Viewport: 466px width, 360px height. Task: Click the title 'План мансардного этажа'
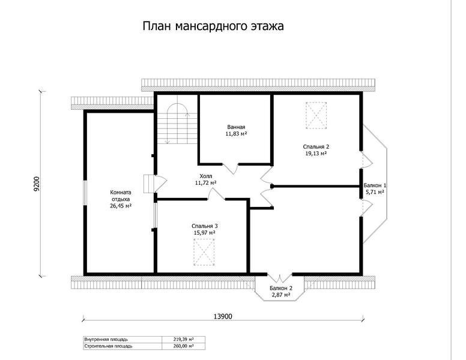click(213, 26)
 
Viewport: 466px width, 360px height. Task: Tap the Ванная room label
click(236, 127)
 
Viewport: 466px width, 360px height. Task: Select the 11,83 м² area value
click(236, 134)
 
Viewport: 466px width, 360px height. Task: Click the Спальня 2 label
click(316, 147)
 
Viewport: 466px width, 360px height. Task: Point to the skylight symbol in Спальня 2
click(316, 116)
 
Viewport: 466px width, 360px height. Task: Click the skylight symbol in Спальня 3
click(204, 252)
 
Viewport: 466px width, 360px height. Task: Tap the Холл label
click(206, 176)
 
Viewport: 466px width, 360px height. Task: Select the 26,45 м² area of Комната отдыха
click(121, 206)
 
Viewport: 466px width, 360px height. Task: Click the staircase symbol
click(177, 124)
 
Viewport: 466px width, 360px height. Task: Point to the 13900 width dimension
click(223, 317)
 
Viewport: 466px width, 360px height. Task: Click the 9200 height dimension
click(36, 184)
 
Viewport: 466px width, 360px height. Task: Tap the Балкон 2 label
click(281, 288)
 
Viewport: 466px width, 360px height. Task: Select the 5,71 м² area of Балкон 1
click(375, 192)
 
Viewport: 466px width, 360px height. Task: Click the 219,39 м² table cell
click(183, 339)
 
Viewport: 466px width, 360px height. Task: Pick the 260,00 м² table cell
click(183, 346)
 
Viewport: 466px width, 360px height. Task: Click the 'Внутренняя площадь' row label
click(106, 339)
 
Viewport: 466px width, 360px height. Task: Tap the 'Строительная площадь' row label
click(108, 346)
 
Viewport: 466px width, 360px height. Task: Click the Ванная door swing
click(231, 169)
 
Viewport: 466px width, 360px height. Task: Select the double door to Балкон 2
click(280, 277)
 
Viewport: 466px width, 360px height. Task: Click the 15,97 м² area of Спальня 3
click(204, 233)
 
